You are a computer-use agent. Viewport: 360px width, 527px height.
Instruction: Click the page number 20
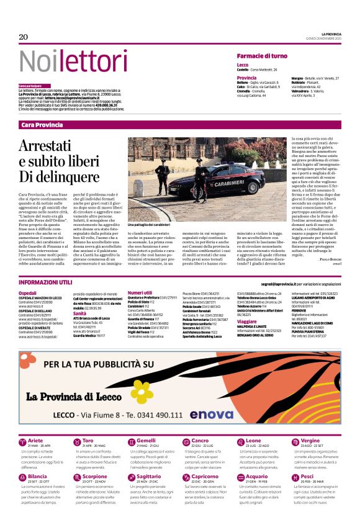point(24,37)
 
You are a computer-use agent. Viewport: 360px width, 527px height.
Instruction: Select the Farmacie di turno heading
point(262,56)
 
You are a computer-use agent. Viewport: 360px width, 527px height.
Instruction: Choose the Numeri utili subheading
point(140,292)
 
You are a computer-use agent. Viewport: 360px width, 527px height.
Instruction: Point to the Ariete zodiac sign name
point(35,440)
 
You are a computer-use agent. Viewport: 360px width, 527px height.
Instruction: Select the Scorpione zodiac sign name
point(95,476)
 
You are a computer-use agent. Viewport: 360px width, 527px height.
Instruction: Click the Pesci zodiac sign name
point(307,476)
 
